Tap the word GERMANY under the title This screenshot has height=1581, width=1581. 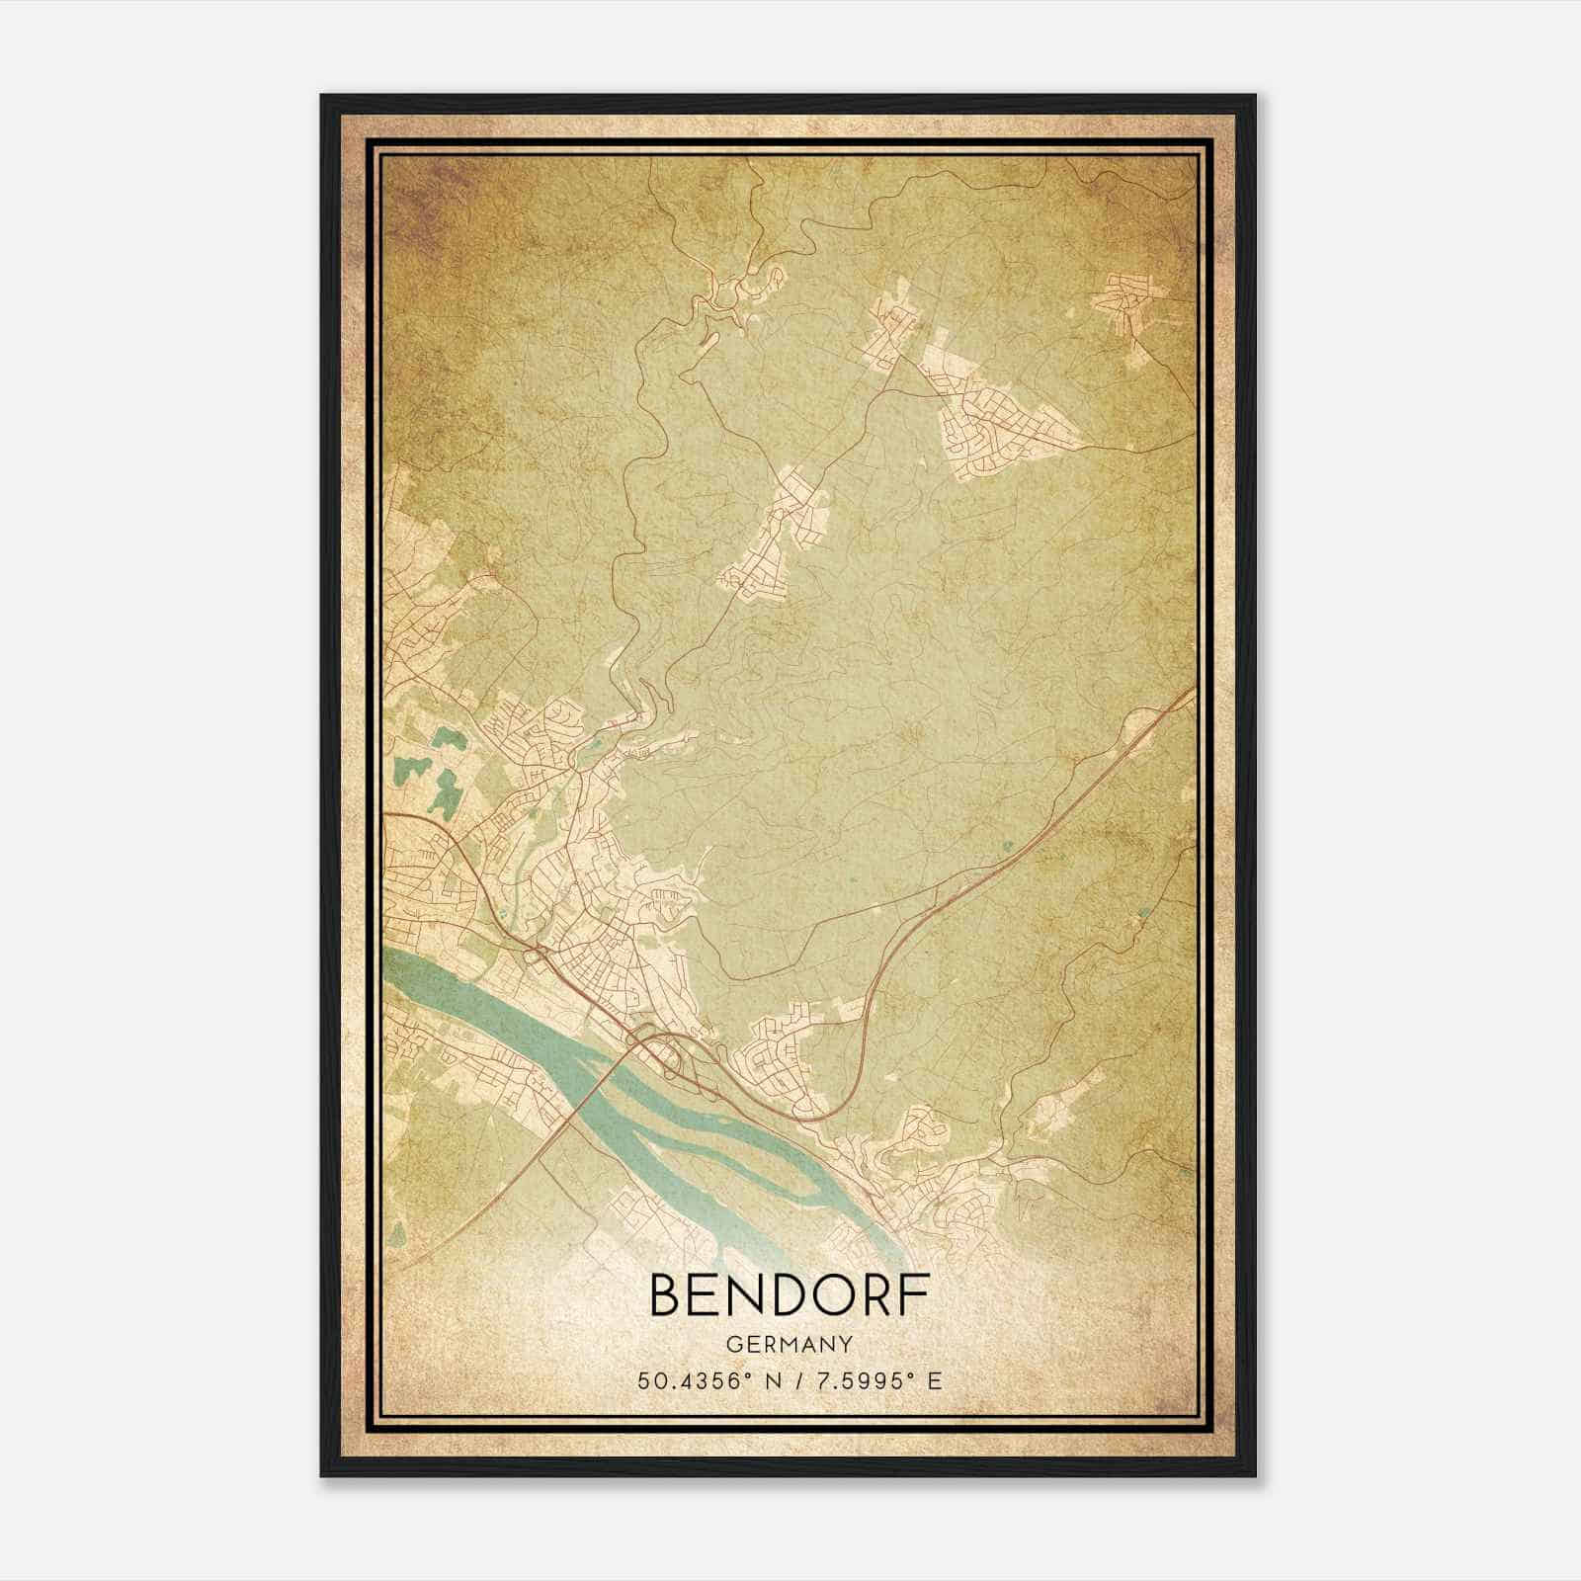tap(789, 1344)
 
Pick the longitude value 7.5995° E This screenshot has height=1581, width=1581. tap(876, 1380)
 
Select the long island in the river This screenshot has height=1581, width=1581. tap(711, 1136)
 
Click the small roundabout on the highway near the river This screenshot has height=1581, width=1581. tap(537, 953)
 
